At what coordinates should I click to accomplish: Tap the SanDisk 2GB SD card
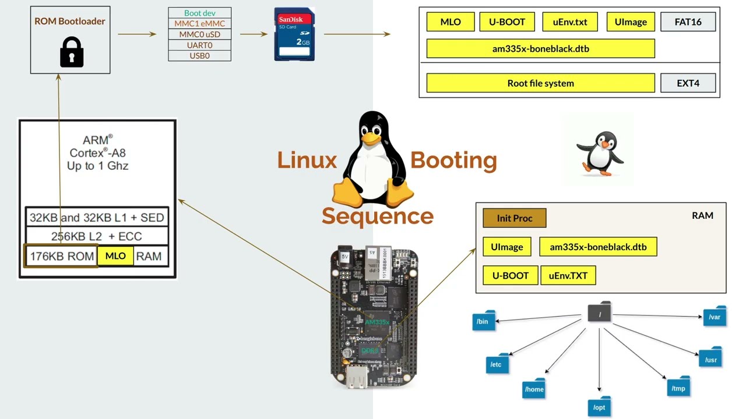294,34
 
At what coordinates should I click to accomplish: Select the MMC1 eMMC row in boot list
199,24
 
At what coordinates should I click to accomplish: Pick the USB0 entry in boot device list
199,56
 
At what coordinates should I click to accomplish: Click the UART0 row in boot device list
199,45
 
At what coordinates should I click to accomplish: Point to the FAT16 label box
688,22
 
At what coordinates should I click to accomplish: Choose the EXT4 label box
688,83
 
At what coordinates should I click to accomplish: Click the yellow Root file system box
540,83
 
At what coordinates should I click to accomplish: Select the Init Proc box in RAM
514,218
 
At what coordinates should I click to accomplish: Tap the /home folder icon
534,389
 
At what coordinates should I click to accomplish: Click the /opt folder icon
599,406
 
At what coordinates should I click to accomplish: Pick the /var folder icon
715,317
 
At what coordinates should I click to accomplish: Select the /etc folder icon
497,364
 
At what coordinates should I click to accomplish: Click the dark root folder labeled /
599,313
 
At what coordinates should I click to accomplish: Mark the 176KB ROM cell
61,256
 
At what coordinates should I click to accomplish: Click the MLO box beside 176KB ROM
115,256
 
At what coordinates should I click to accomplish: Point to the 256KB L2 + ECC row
97,236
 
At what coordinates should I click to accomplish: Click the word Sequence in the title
377,216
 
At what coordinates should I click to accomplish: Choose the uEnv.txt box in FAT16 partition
569,22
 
